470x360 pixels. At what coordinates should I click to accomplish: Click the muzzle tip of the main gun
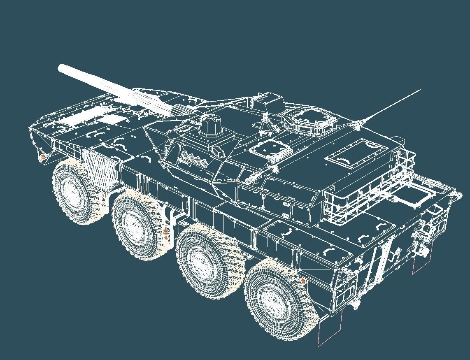61,67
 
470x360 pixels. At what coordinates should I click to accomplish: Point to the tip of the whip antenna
420,89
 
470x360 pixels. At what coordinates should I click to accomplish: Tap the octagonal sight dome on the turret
211,125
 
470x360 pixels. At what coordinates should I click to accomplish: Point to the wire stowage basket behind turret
366,193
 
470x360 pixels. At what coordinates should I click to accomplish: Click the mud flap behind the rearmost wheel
329,329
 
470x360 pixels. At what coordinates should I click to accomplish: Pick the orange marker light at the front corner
42,157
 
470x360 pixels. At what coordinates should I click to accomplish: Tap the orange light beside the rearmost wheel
304,281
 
